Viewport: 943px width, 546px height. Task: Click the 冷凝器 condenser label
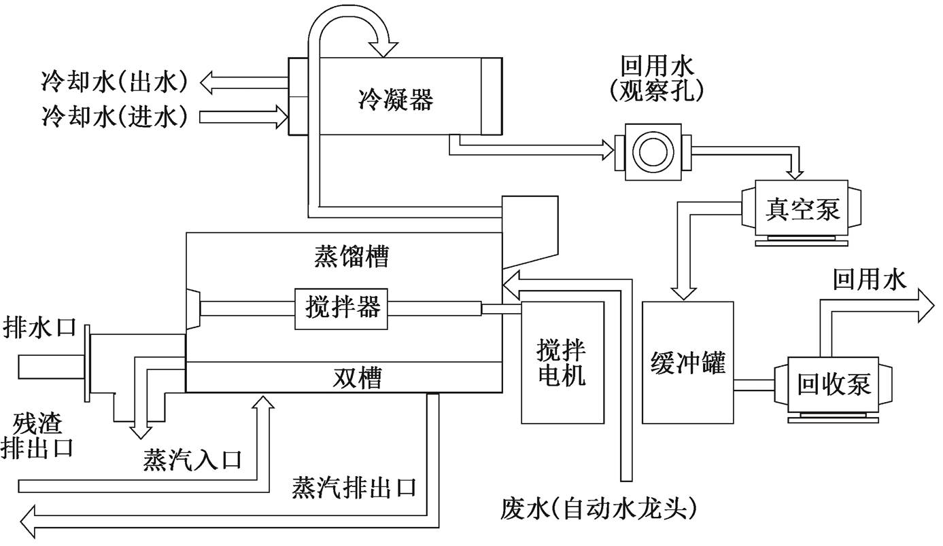(x=396, y=101)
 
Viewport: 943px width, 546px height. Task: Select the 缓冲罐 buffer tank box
(x=688, y=363)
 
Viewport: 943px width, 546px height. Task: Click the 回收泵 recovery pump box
(x=834, y=384)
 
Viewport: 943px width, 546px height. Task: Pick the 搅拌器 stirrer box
(x=342, y=308)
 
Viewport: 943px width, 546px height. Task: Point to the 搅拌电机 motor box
(x=562, y=362)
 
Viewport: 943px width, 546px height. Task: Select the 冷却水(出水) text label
(x=114, y=82)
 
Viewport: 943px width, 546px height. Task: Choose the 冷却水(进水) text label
(x=114, y=116)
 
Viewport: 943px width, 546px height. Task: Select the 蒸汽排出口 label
(x=354, y=488)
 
